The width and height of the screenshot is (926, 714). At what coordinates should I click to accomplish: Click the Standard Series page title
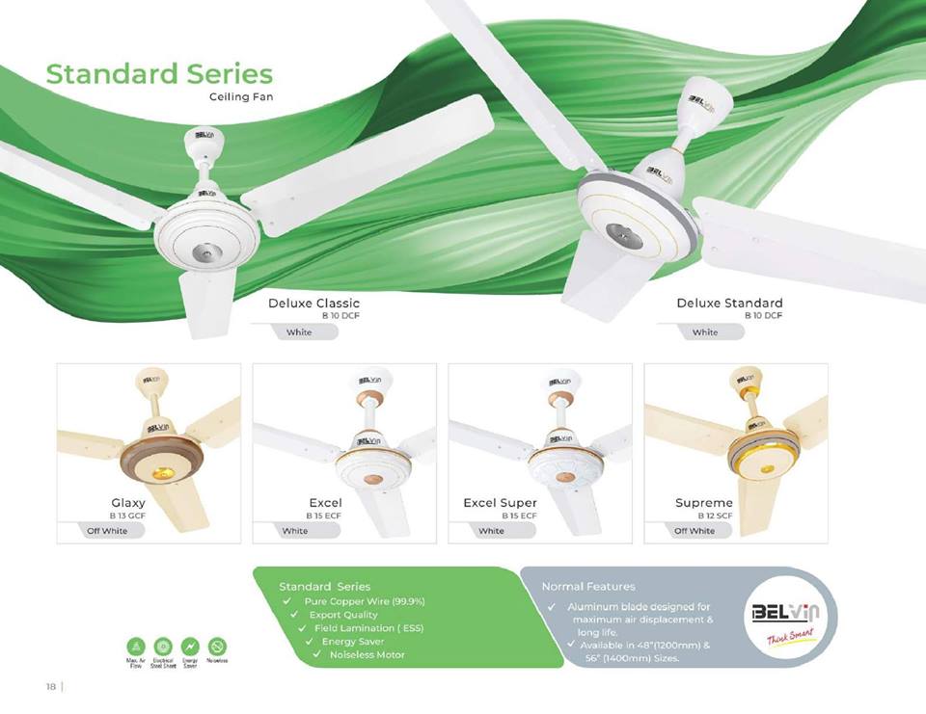click(159, 74)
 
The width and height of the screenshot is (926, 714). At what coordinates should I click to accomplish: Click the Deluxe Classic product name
click(313, 303)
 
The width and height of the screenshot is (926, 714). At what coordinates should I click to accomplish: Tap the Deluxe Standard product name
click(729, 303)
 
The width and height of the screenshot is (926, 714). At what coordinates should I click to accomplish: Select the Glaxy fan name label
click(128, 503)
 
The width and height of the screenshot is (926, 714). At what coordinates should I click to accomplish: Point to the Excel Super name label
click(500, 503)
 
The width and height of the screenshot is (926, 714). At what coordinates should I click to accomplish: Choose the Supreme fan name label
click(704, 503)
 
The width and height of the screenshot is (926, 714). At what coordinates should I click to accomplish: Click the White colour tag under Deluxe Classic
click(299, 332)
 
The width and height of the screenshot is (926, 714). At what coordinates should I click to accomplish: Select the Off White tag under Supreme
click(694, 531)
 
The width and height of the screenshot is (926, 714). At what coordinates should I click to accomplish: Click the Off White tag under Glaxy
click(107, 531)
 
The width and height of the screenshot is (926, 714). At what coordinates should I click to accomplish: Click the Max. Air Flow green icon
click(136, 646)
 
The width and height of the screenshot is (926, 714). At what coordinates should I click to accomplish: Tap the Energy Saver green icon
click(190, 646)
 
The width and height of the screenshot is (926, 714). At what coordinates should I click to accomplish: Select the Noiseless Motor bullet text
click(368, 655)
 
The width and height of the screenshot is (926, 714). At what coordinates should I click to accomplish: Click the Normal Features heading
click(588, 586)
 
